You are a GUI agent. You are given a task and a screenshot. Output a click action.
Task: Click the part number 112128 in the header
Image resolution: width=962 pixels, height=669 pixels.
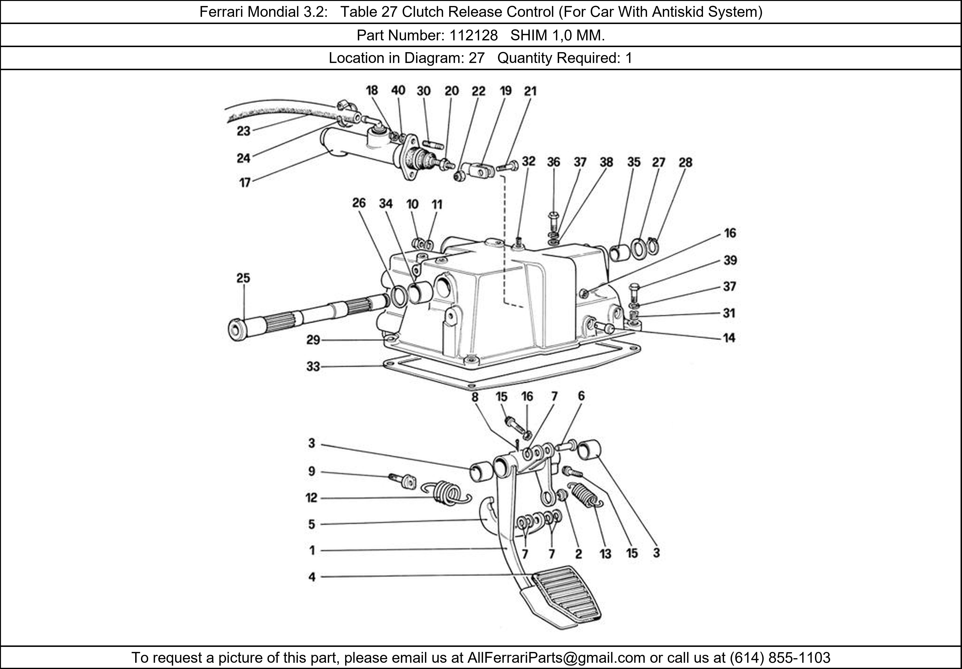pos(474,36)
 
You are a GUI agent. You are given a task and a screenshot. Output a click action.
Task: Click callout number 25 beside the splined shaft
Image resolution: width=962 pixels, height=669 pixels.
pos(243,278)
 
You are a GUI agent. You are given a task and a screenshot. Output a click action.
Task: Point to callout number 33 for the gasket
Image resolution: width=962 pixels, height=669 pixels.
pos(313,367)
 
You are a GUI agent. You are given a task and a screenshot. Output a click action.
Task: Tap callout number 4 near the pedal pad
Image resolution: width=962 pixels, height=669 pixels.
pos(312,577)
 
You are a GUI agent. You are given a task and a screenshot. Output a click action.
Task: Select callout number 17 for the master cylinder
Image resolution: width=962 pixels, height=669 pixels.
pos(245,183)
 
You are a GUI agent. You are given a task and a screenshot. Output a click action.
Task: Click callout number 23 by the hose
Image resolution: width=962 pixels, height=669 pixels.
pos(243,131)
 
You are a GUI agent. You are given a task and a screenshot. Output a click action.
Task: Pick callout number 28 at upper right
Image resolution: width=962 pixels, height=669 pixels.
pos(685,162)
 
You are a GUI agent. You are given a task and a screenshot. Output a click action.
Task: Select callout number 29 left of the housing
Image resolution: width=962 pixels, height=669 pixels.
pos(313,340)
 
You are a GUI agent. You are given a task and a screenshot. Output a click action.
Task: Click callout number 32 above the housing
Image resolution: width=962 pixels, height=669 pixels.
pos(529,161)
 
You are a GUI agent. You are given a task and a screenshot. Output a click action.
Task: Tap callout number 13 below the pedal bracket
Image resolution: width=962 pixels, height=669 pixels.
pos(605,554)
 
